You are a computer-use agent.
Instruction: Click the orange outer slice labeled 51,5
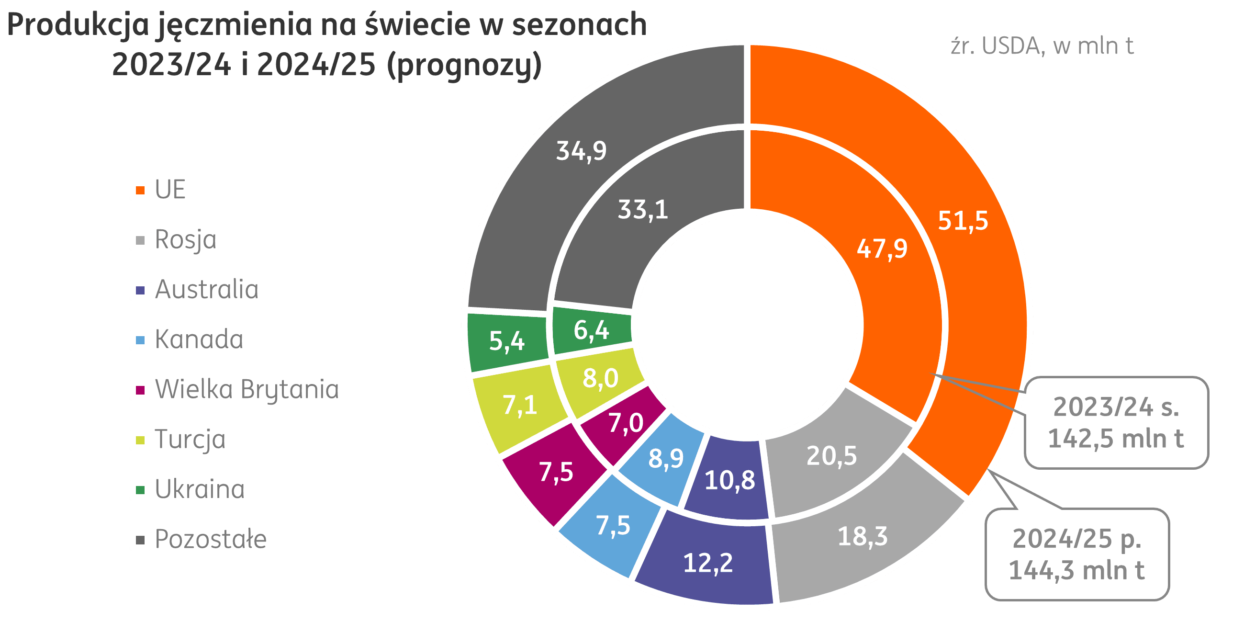click(x=963, y=220)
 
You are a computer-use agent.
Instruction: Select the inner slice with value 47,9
click(x=882, y=249)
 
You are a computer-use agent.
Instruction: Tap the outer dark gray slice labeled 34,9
click(x=582, y=151)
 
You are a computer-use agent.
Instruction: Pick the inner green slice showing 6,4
click(x=591, y=331)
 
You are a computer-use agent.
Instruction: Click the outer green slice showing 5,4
click(x=506, y=341)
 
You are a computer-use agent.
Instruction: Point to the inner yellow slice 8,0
click(x=600, y=378)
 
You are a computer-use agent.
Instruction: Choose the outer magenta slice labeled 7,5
click(x=556, y=472)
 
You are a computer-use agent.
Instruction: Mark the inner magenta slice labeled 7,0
click(x=626, y=423)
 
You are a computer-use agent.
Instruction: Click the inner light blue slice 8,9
click(x=666, y=458)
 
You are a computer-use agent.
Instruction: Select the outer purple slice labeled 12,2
click(x=708, y=563)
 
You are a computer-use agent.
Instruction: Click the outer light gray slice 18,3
click(x=863, y=536)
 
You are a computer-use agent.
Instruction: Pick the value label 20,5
click(x=831, y=456)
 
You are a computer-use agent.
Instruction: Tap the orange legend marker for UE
click(x=140, y=190)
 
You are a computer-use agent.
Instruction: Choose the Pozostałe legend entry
click(x=210, y=540)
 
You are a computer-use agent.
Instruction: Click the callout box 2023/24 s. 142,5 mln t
click(x=1116, y=422)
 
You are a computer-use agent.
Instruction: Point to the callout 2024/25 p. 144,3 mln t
click(x=1076, y=554)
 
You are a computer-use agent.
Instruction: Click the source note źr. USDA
click(x=1042, y=46)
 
